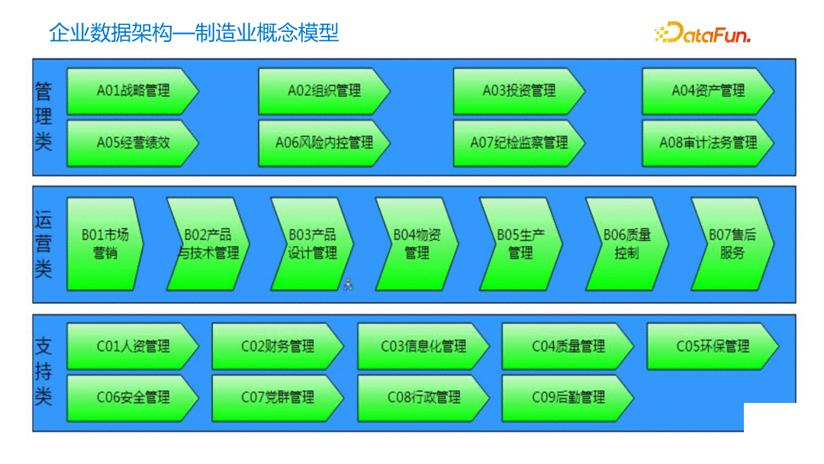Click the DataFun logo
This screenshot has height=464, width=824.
703,33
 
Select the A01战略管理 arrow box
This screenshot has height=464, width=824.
133,92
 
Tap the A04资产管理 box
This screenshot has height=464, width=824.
708,92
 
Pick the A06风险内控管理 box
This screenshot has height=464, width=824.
324,143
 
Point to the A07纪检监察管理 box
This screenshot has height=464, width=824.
519,143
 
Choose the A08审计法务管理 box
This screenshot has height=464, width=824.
708,143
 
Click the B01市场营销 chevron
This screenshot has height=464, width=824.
105,243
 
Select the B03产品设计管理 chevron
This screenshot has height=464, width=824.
312,243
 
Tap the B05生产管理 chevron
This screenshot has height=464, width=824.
521,243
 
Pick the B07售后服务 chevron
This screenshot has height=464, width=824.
732,243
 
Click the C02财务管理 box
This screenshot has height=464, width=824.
278,346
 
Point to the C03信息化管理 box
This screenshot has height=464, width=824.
423,346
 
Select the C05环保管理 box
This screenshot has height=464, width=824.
713,346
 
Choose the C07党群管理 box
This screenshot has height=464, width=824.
278,398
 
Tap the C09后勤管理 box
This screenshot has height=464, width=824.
568,398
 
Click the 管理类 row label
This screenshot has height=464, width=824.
43,116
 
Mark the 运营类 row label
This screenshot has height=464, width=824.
43,243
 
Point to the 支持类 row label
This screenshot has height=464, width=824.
43,372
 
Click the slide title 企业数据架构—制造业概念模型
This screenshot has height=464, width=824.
194,33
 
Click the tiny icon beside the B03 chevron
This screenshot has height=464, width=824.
348,285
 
